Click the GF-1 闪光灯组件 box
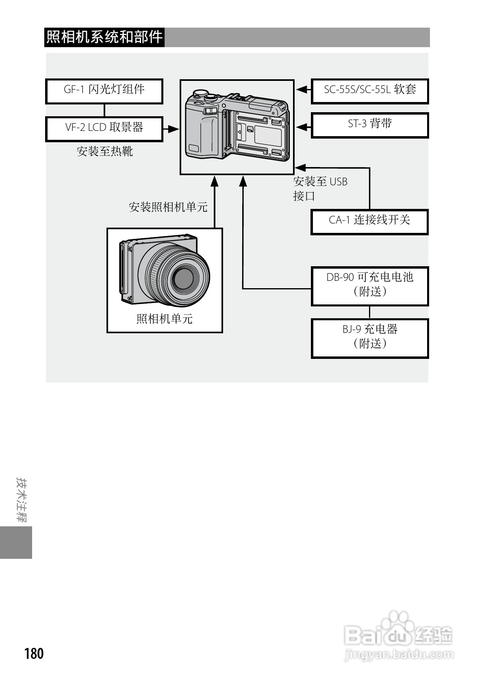(x=104, y=91)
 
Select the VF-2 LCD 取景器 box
(x=104, y=129)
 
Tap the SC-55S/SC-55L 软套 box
(x=370, y=91)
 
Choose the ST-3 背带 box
(x=370, y=125)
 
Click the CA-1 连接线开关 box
(x=370, y=222)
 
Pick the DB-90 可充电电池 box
(x=370, y=286)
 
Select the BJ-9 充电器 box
(x=370, y=338)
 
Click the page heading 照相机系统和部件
(x=104, y=37)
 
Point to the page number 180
(x=34, y=654)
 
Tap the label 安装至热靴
(x=105, y=152)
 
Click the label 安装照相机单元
(x=168, y=207)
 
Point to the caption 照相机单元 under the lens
(x=165, y=319)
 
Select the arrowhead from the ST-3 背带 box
(x=301, y=127)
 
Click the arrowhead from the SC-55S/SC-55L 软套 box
(x=301, y=89)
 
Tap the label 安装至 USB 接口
(x=320, y=189)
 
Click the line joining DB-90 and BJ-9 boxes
(x=369, y=312)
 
